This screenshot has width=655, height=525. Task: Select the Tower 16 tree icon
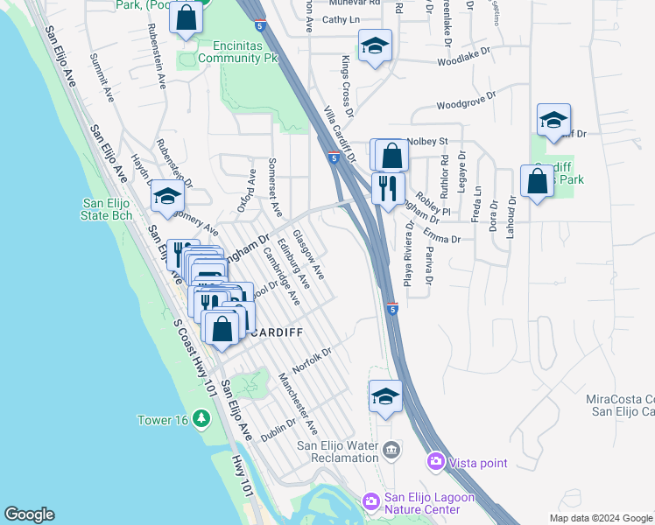click(x=203, y=420)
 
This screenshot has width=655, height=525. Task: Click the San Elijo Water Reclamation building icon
click(x=391, y=451)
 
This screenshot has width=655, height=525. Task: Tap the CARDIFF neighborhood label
click(x=273, y=332)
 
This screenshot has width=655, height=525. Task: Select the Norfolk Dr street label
click(x=312, y=361)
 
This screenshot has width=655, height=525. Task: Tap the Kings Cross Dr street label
click(x=346, y=87)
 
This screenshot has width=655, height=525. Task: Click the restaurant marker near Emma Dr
click(x=385, y=188)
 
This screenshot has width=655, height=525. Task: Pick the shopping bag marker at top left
click(x=187, y=18)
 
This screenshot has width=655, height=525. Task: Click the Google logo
click(x=29, y=514)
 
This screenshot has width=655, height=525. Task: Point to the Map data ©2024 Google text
click(x=601, y=518)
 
